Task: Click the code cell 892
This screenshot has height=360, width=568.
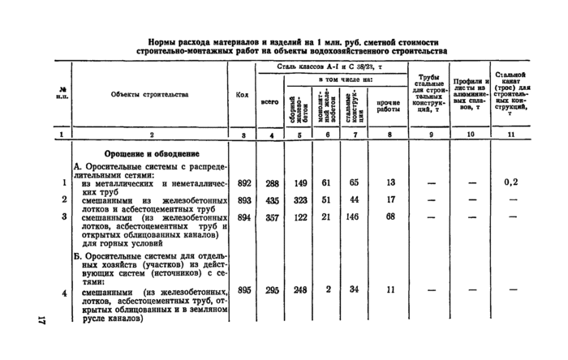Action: pos(243,183)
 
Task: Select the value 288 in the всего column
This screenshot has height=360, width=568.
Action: pos(272,183)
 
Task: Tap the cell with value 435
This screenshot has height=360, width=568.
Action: pos(272,199)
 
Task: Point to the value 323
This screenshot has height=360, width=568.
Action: pos(299,199)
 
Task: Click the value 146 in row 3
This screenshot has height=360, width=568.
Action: pos(354,216)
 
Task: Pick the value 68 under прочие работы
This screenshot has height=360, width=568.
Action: pos(390,216)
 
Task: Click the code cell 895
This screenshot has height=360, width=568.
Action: pos(243,290)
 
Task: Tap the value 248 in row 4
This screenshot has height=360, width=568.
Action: pos(299,290)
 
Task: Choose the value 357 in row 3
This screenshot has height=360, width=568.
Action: pos(272,216)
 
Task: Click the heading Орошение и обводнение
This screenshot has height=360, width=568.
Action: pos(153,153)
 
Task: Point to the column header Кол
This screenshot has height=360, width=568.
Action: pos(242,95)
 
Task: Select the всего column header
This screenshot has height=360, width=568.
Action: pos(271,103)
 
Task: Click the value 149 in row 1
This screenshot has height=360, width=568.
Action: pos(299,183)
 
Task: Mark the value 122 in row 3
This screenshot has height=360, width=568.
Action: pos(299,216)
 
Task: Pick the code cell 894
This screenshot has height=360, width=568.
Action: pos(243,216)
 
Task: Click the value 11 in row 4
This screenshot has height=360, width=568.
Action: pos(390,290)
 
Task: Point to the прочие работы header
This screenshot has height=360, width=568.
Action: pos(389,105)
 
